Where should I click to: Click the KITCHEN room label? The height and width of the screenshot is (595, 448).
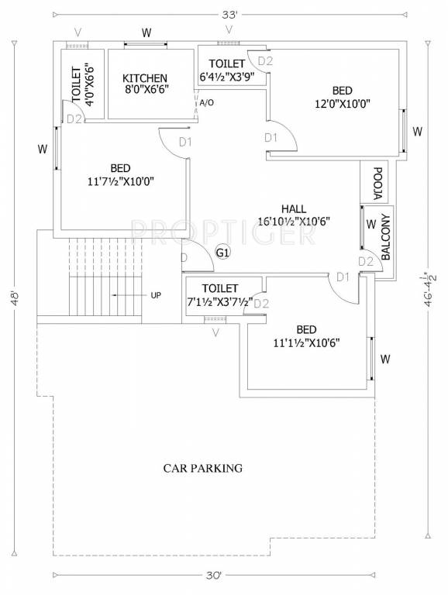145,78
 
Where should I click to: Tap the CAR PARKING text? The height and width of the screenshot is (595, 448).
202,468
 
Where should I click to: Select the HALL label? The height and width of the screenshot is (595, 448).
294,209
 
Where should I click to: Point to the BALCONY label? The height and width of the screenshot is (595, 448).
387,238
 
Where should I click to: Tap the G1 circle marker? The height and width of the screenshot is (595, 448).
222,253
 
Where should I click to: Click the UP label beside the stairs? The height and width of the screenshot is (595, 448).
156,295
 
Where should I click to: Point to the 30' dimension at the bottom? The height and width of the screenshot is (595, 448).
215,575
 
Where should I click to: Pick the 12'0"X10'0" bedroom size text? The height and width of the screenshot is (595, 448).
343,103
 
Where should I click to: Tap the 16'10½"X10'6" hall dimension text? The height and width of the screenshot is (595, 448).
295,221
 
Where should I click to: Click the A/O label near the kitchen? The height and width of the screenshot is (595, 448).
207,102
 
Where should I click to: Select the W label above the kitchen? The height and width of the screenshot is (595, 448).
146,33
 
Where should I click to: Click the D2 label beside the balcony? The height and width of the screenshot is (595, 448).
365,262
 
